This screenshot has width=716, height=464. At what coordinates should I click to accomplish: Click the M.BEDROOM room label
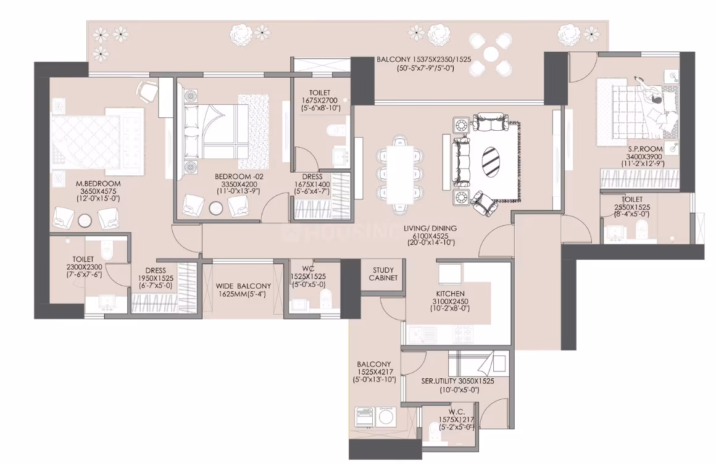(98, 184)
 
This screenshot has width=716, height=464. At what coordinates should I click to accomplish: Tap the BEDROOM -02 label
(239, 176)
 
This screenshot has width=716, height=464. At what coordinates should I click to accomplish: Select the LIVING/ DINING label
(431, 228)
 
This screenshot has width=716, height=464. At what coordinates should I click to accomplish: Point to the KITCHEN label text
(450, 294)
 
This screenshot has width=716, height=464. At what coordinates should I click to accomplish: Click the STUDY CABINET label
(383, 274)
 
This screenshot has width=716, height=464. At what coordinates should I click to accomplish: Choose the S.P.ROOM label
(645, 149)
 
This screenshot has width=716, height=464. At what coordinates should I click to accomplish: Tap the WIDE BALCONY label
(243, 286)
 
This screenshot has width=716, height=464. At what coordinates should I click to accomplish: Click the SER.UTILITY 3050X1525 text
(457, 381)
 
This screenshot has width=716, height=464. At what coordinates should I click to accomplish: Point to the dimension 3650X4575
(98, 191)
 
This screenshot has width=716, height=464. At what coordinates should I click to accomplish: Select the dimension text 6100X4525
(431, 236)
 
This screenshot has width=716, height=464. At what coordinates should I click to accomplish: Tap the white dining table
(400, 175)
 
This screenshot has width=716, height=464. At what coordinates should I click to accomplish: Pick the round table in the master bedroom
(85, 220)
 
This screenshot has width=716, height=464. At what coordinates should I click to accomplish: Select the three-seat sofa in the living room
(460, 161)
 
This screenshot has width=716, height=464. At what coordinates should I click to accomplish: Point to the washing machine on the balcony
(387, 416)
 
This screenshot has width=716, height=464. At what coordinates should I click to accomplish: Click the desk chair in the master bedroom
(148, 91)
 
